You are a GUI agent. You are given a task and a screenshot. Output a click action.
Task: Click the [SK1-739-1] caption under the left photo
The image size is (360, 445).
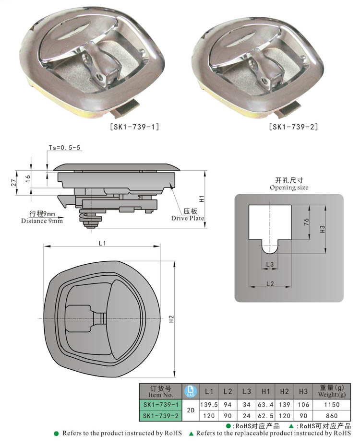[135, 127]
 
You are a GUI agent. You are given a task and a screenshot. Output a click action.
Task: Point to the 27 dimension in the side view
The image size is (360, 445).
[14, 182]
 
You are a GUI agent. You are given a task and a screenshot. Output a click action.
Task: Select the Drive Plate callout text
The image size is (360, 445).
[187, 218]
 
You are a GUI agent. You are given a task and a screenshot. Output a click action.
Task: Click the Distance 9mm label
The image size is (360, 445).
[42, 221]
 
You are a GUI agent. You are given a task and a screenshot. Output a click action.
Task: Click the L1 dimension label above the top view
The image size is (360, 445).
[102, 243]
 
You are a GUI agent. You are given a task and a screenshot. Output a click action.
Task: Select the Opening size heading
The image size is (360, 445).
[288, 187]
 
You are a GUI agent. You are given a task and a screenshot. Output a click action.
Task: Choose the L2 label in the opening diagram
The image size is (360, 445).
[269, 283]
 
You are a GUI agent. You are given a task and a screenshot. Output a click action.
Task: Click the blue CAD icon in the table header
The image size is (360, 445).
[191, 391]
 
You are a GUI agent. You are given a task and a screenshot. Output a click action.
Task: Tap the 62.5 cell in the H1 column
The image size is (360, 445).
[265, 415]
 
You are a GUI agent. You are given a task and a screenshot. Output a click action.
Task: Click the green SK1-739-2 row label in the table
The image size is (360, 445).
[161, 415]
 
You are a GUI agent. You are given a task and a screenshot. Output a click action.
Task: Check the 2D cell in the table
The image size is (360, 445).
[191, 410]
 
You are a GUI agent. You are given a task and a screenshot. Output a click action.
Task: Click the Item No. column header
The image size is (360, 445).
[161, 391]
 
